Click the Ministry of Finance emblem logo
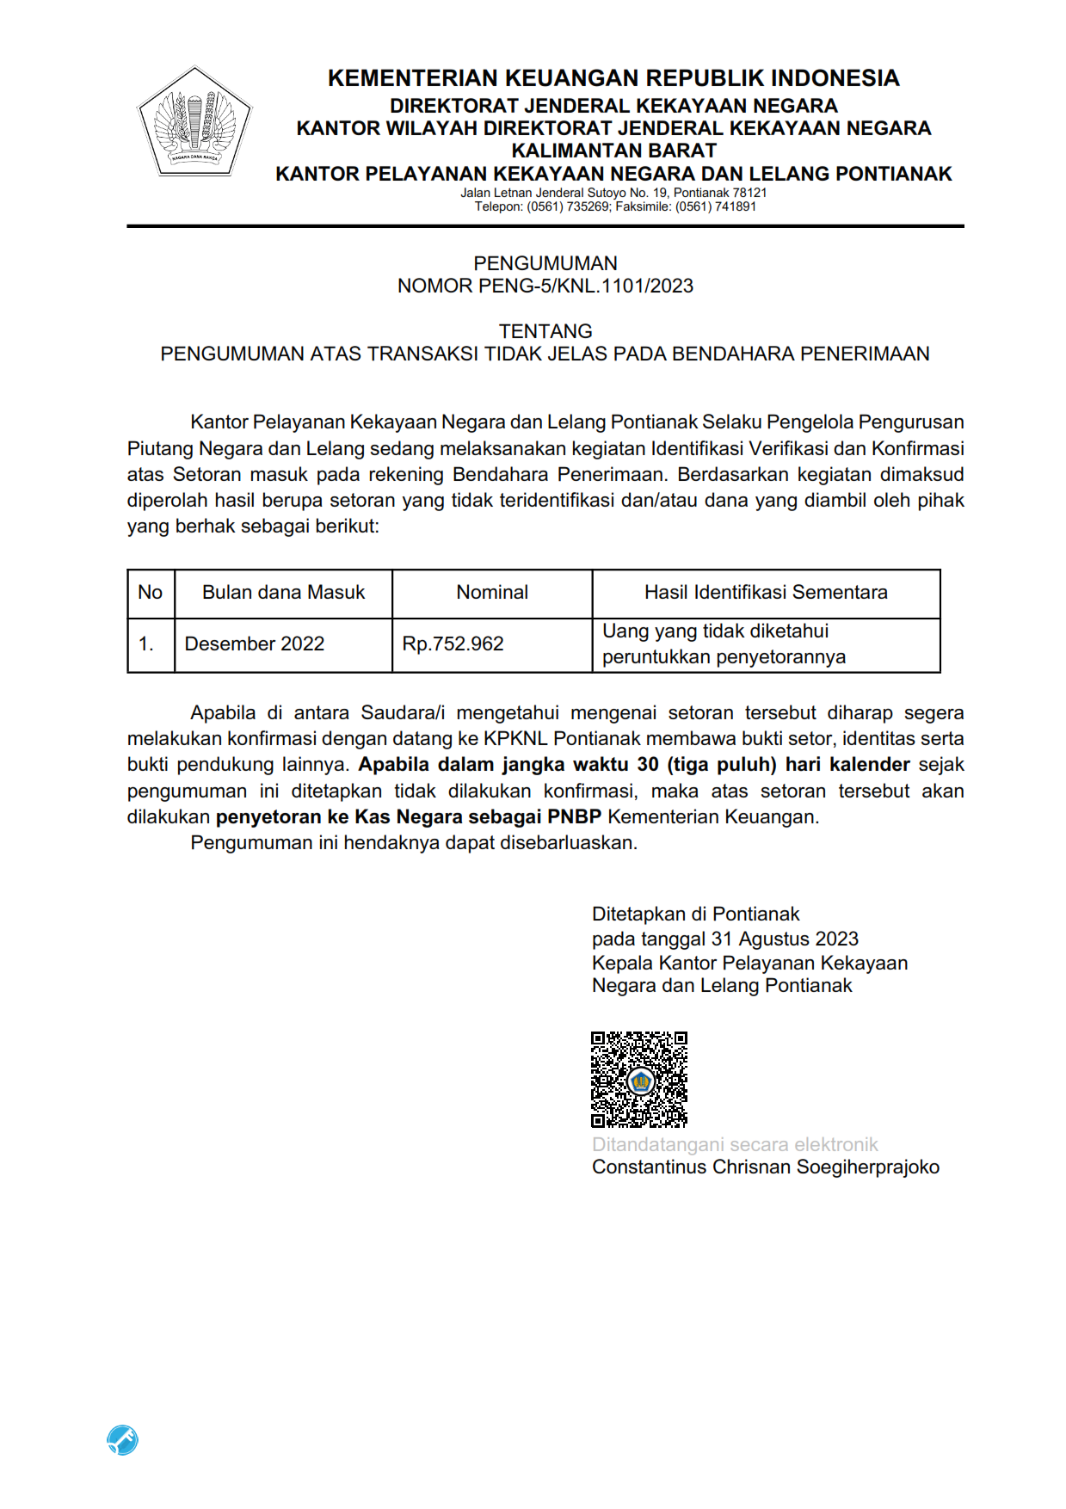[194, 122]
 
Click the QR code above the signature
[638, 1079]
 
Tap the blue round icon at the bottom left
[122, 1439]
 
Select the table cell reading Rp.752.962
[453, 644]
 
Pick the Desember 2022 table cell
[255, 644]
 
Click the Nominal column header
[492, 592]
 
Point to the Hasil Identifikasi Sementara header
[766, 592]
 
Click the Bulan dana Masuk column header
[283, 592]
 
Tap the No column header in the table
[150, 592]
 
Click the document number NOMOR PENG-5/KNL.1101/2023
[545, 286]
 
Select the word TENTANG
[545, 331]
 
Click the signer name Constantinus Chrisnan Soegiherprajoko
[765, 1167]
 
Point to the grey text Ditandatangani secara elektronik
[735, 1144]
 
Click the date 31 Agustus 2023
[785, 939]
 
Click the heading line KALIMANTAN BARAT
[613, 151]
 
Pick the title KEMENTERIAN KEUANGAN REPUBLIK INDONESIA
[613, 78]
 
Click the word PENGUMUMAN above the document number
[545, 263]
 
